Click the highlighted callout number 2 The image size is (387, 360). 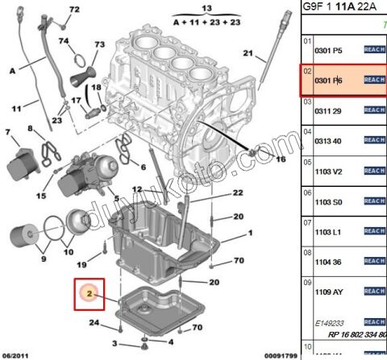point(89,295)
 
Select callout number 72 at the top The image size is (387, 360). point(75,10)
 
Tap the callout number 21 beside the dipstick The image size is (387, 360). point(249,55)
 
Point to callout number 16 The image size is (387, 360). point(281,159)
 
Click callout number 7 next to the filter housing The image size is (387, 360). point(8,132)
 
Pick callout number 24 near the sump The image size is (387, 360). point(94,324)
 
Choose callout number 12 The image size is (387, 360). point(136,188)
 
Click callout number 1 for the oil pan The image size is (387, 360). point(249,234)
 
